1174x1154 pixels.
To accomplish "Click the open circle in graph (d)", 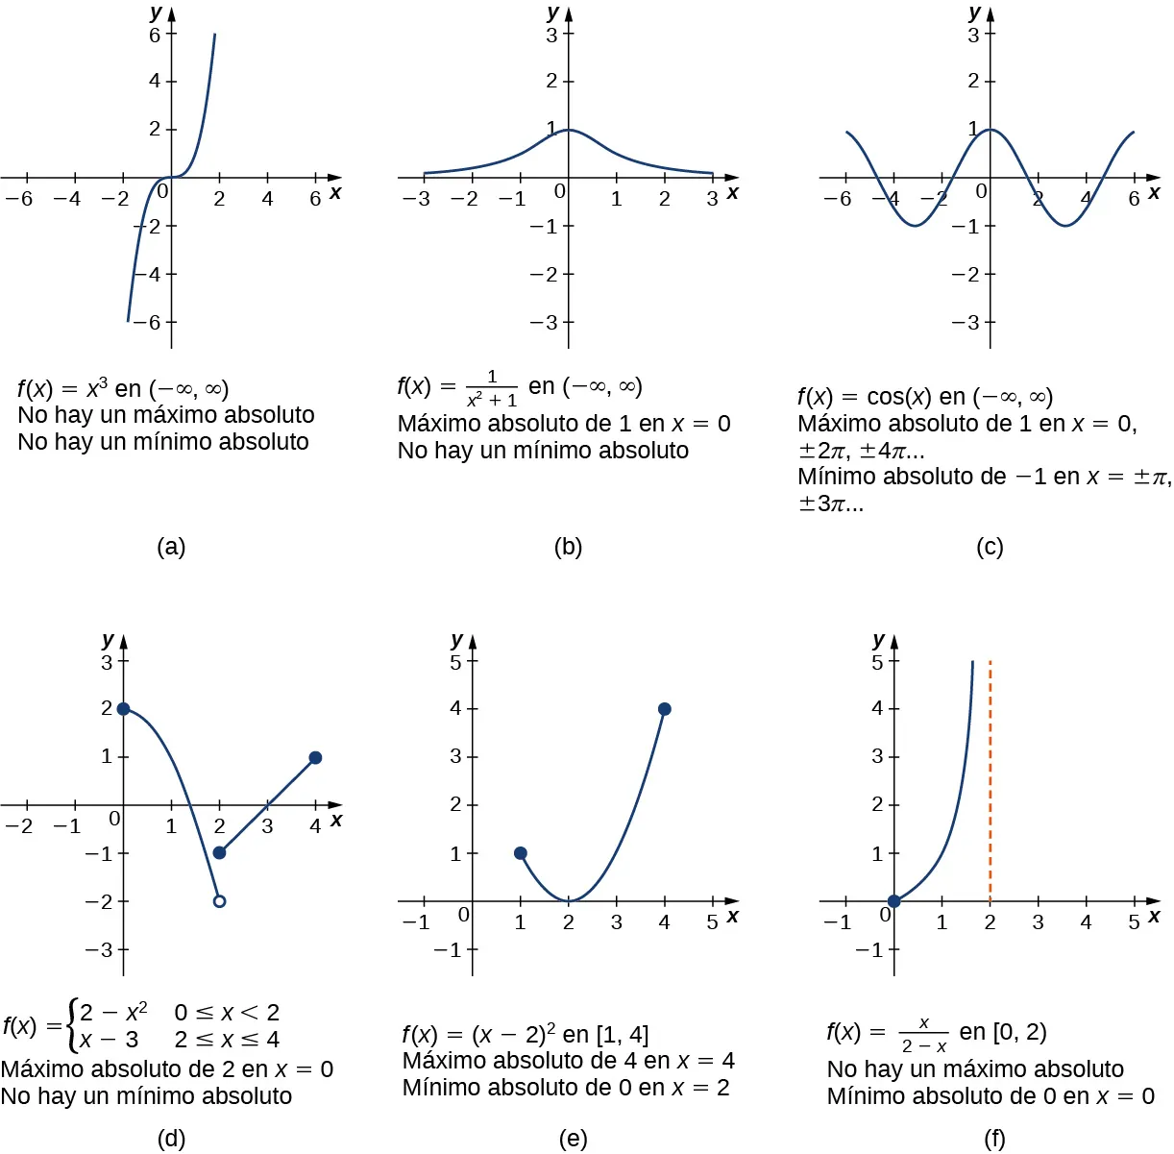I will coord(219,901).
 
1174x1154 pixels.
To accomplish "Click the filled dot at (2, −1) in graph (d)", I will coord(219,852).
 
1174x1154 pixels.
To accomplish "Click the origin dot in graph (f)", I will coord(894,901).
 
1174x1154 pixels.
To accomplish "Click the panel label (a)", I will coord(171,547).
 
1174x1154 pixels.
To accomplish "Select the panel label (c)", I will coord(989,547).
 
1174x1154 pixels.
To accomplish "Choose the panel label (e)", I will coord(573,1139).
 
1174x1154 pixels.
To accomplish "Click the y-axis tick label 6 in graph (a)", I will coord(155,35).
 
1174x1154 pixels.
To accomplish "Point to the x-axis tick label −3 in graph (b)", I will coord(416,199).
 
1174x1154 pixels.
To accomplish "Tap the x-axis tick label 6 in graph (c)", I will coord(1134,199).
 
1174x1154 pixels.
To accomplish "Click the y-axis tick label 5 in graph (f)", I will coord(877,662).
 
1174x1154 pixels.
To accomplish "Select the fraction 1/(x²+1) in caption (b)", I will coord(492,388).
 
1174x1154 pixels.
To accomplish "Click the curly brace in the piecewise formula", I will coord(72,1026).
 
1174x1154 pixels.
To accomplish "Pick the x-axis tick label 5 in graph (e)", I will coord(712,922).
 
